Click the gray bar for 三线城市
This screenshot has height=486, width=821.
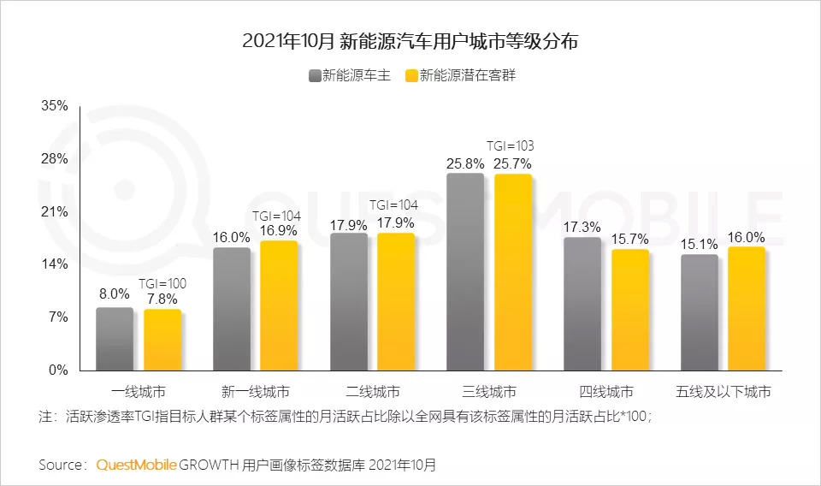[x=465, y=272]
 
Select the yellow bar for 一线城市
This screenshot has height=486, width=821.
[x=162, y=340]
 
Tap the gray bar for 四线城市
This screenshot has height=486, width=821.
[x=582, y=304]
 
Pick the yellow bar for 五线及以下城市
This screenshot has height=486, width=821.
[x=747, y=309]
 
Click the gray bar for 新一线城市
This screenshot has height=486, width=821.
[x=232, y=309]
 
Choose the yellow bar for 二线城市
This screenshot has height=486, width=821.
[x=396, y=302]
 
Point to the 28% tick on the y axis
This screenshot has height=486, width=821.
[x=55, y=159]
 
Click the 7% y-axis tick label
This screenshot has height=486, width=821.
[x=58, y=317]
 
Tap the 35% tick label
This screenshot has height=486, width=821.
[x=55, y=106]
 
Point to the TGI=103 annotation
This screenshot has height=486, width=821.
[x=511, y=146]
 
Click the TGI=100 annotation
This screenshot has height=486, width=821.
[x=162, y=283]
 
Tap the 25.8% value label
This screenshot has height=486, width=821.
[x=464, y=163]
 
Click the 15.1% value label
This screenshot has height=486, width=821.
[x=699, y=245]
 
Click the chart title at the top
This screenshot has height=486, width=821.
[x=410, y=41]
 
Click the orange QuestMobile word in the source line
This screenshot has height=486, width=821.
[x=137, y=465]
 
